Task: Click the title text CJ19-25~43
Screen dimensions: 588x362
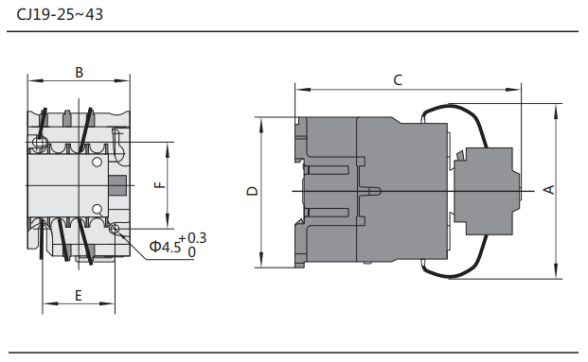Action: click(x=60, y=14)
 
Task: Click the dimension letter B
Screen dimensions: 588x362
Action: click(x=79, y=72)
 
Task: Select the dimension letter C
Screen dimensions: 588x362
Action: click(x=398, y=79)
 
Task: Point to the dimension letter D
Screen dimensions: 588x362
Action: click(x=253, y=191)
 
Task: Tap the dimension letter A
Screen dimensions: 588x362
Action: click(x=548, y=189)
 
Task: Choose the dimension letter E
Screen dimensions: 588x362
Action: click(x=78, y=296)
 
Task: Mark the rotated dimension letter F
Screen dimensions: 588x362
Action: click(x=160, y=185)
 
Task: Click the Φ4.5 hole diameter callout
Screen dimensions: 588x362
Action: click(x=165, y=247)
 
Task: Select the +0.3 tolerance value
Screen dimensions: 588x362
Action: click(x=192, y=238)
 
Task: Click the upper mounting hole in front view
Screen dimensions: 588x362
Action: click(x=38, y=143)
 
